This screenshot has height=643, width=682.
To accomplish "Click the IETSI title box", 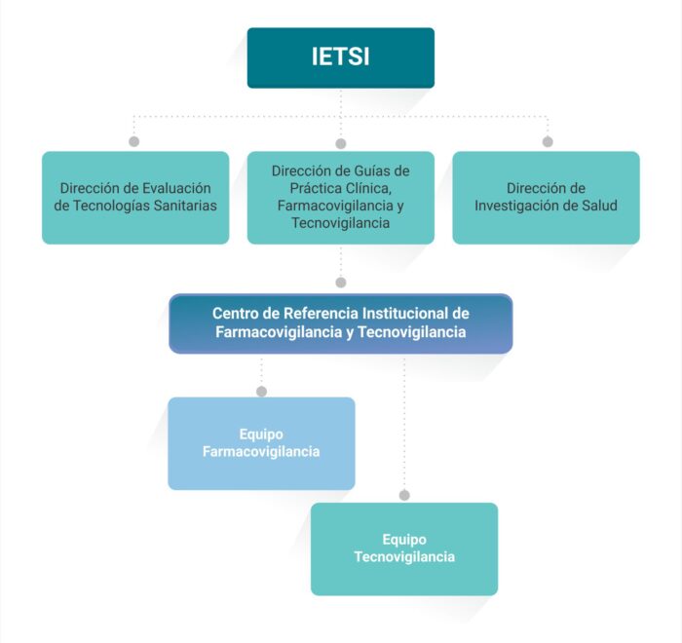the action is (341, 57).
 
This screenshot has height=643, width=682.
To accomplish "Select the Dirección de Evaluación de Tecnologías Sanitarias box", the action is (135, 198).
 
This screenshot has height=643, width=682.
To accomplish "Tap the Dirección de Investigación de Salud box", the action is (546, 198).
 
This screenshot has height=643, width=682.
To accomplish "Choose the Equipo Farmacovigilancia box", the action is (261, 443).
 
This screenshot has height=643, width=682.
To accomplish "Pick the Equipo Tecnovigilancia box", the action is (404, 549).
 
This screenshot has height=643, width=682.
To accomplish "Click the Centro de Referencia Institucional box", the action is (341, 323).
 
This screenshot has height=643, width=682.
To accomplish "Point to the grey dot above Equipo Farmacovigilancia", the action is (261, 392).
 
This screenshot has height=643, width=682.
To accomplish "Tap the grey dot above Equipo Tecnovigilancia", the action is (404, 495).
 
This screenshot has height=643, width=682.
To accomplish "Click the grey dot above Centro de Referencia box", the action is (341, 283).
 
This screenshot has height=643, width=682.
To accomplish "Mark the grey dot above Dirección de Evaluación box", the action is (134, 141).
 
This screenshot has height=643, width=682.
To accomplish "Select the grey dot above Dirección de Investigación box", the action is (548, 141).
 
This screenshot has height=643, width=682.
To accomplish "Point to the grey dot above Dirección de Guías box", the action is (341, 143).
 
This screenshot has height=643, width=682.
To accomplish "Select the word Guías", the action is (369, 170).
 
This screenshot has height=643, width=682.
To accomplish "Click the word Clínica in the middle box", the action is (369, 188).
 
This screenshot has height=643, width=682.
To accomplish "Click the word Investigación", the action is (513, 206).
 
